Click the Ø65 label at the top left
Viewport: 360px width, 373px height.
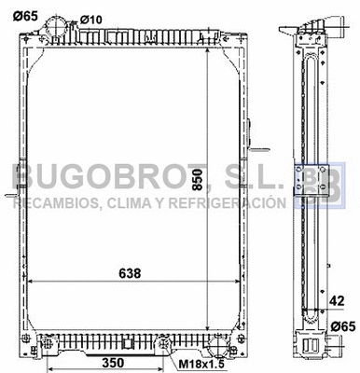tap(26, 16)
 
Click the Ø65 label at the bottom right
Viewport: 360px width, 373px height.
tap(343, 325)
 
